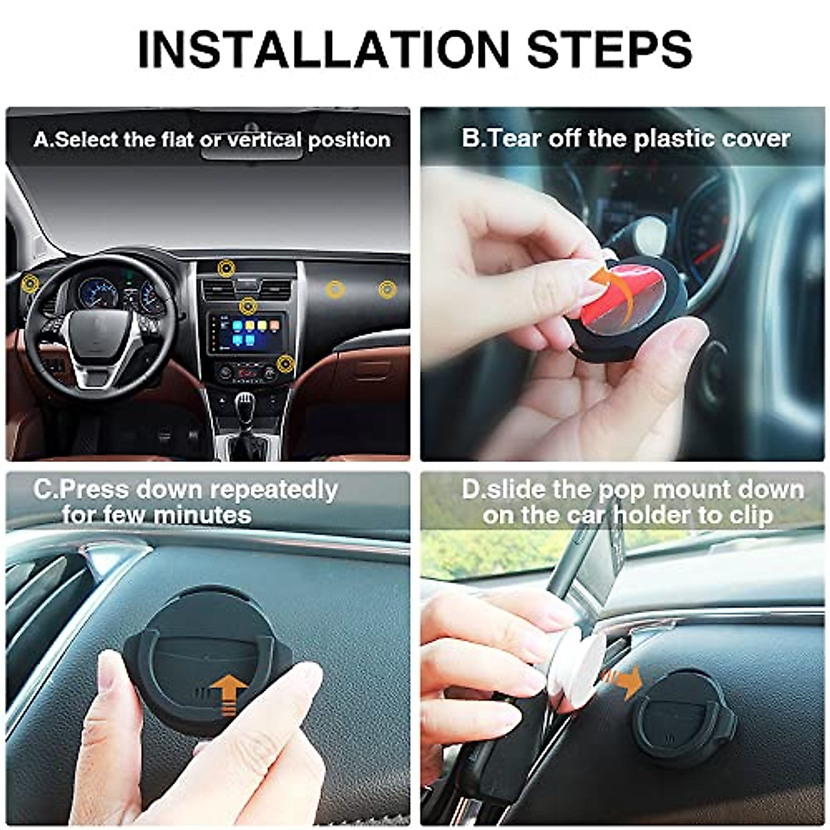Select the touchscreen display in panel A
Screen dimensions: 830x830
point(248,333)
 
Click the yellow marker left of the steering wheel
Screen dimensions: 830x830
point(29,282)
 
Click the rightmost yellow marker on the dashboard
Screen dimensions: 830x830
point(387,289)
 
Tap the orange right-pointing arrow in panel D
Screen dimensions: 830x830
point(625,681)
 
